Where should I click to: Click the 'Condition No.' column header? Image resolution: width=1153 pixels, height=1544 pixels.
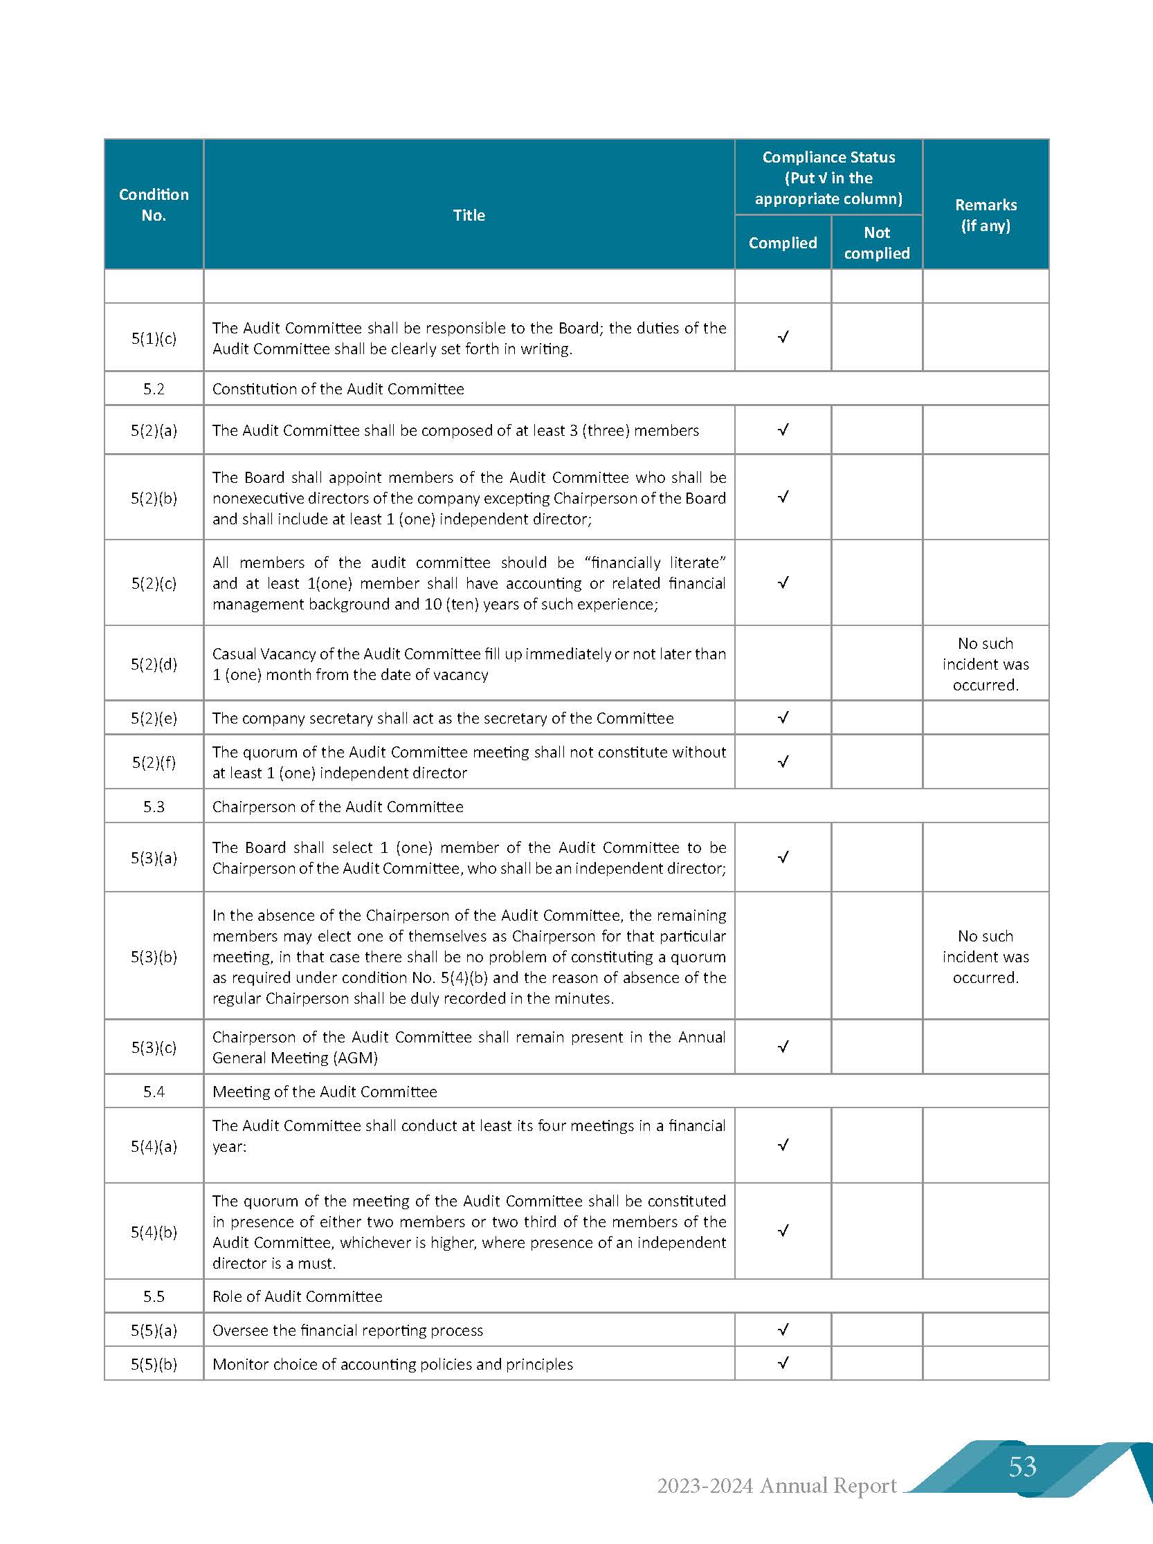[x=154, y=205]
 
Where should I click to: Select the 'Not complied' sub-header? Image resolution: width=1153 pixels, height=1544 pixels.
[x=877, y=243]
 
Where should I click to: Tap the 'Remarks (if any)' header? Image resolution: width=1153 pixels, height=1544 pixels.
[x=986, y=215]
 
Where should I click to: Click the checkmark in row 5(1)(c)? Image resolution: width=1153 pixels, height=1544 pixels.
[x=783, y=337]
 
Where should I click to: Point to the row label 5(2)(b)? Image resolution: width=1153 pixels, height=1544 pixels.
[x=154, y=497]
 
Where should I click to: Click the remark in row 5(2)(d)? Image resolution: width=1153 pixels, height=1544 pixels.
[x=986, y=663]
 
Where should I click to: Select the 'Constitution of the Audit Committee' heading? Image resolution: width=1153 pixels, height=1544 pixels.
[x=338, y=389]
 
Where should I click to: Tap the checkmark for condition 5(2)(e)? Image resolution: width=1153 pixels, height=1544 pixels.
[x=783, y=717]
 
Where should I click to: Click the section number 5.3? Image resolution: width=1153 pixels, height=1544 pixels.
[x=154, y=806]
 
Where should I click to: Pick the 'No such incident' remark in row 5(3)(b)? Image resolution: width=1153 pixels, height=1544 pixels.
[x=986, y=956]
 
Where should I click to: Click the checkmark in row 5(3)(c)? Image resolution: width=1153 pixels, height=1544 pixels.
[x=783, y=1047]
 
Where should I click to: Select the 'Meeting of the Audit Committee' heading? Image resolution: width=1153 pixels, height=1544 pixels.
[x=325, y=1091]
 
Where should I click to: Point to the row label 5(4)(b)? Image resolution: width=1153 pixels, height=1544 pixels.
[x=154, y=1231]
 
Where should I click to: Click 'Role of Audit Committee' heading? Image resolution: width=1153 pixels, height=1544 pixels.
[x=298, y=1296]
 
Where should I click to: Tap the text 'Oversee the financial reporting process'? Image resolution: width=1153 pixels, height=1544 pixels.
[x=347, y=1330]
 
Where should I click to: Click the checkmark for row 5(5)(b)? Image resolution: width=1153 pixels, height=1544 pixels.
[x=783, y=1363]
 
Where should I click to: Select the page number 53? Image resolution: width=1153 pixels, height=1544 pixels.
[x=1022, y=1466]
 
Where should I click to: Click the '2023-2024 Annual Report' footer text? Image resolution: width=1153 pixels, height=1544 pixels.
[x=777, y=1486]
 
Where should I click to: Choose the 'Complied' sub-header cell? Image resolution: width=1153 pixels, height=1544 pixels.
[x=782, y=243]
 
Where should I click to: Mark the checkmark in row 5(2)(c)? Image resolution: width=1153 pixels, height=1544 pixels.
[x=783, y=582]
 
